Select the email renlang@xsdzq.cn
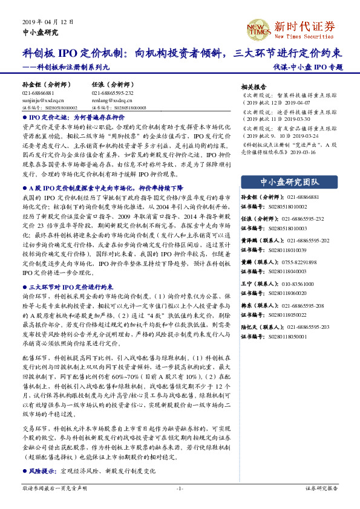[x=108, y=101]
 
